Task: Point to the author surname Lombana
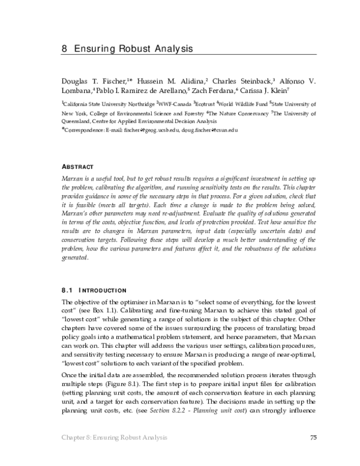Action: [77, 90]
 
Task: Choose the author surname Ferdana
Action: [220, 90]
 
